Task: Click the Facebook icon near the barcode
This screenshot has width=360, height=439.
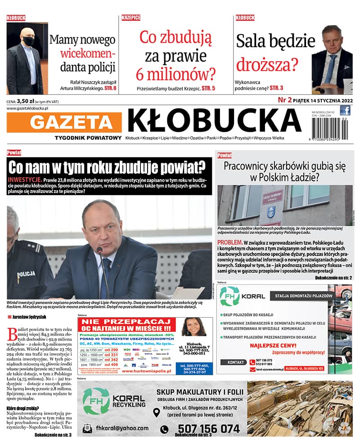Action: click(x=345, y=111)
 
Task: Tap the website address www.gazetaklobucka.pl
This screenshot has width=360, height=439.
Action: click(x=28, y=108)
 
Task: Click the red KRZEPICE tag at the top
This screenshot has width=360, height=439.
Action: click(x=131, y=18)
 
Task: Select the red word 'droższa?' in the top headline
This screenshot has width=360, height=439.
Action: click(x=267, y=64)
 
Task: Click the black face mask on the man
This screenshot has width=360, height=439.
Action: click(x=28, y=41)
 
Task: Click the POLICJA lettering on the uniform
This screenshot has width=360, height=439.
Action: click(x=26, y=274)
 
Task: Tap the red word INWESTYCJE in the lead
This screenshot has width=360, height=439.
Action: click(x=25, y=179)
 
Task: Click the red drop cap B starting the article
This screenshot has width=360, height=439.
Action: click(x=12, y=334)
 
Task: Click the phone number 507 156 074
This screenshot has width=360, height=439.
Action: click(x=208, y=429)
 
